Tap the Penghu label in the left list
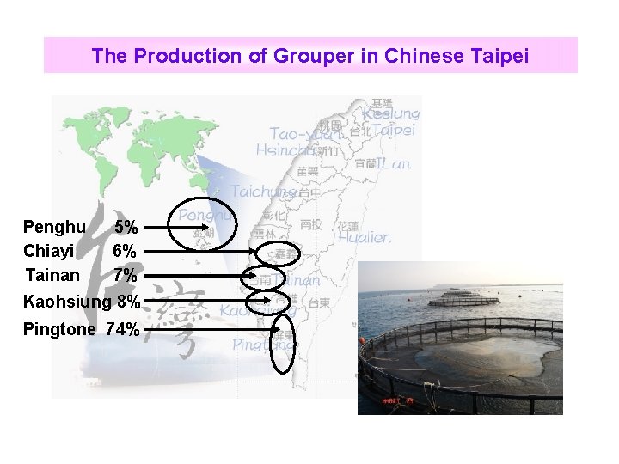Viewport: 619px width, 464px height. (x=54, y=228)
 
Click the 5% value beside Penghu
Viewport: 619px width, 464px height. (x=126, y=228)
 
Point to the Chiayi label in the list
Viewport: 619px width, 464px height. (x=48, y=252)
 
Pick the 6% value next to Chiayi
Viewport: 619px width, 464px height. (x=126, y=252)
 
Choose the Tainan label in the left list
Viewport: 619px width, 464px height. (x=52, y=276)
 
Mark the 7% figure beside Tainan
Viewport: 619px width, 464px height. (x=126, y=276)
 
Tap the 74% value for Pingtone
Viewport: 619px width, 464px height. (x=123, y=328)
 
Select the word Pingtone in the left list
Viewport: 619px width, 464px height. (x=58, y=328)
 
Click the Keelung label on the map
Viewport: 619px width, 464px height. (x=391, y=113)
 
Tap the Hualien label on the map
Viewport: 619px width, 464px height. (x=364, y=236)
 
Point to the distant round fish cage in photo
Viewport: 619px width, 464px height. (x=463, y=299)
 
